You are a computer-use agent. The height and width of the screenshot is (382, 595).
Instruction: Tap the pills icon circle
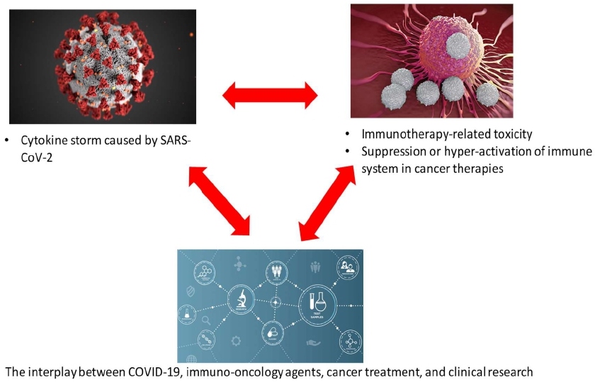(271, 330)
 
